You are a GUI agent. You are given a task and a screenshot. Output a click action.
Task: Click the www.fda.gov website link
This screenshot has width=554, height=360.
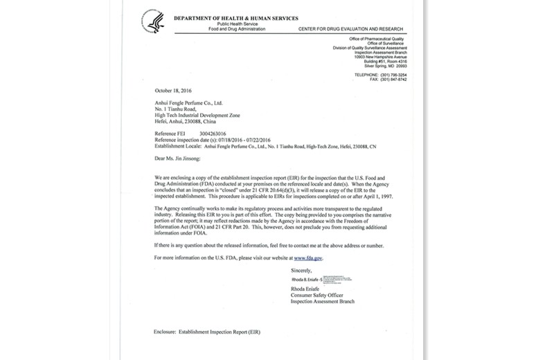click(x=309, y=258)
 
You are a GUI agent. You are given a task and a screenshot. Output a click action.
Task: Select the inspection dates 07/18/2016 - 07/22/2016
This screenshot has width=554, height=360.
click(x=240, y=139)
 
